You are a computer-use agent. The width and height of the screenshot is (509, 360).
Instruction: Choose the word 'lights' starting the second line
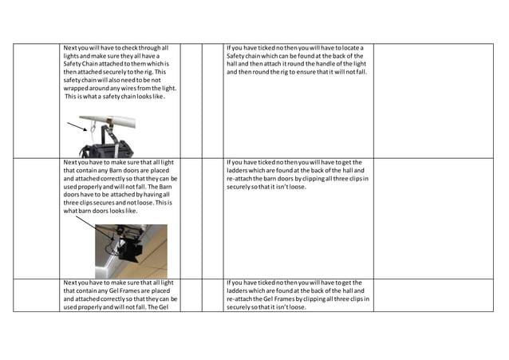click(73, 56)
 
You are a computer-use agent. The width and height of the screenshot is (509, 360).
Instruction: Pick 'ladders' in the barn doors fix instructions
click(240, 171)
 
